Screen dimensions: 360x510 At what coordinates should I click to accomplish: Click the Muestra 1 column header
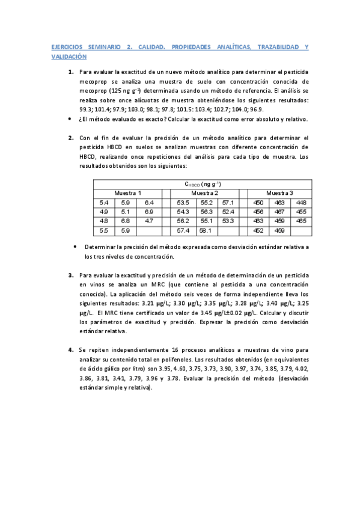[128, 192]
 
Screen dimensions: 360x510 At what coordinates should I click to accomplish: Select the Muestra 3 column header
[280, 192]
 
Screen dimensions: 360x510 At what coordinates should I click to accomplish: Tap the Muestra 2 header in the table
[204, 192]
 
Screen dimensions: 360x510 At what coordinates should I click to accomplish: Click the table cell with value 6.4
[150, 202]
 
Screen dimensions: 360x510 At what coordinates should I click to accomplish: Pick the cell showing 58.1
[206, 230]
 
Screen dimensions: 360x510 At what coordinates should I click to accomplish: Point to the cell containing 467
[279, 212]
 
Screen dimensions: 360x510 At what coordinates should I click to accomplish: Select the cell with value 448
[301, 202]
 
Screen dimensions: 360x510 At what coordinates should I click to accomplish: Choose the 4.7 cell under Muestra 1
[150, 221]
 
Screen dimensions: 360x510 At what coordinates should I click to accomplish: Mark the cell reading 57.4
[183, 230]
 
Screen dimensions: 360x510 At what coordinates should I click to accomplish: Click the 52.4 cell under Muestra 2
[228, 212]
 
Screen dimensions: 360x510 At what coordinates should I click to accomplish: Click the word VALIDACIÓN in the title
[69, 57]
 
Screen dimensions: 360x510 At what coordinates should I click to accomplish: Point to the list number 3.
[70, 275]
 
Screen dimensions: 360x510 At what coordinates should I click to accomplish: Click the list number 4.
[70, 349]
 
